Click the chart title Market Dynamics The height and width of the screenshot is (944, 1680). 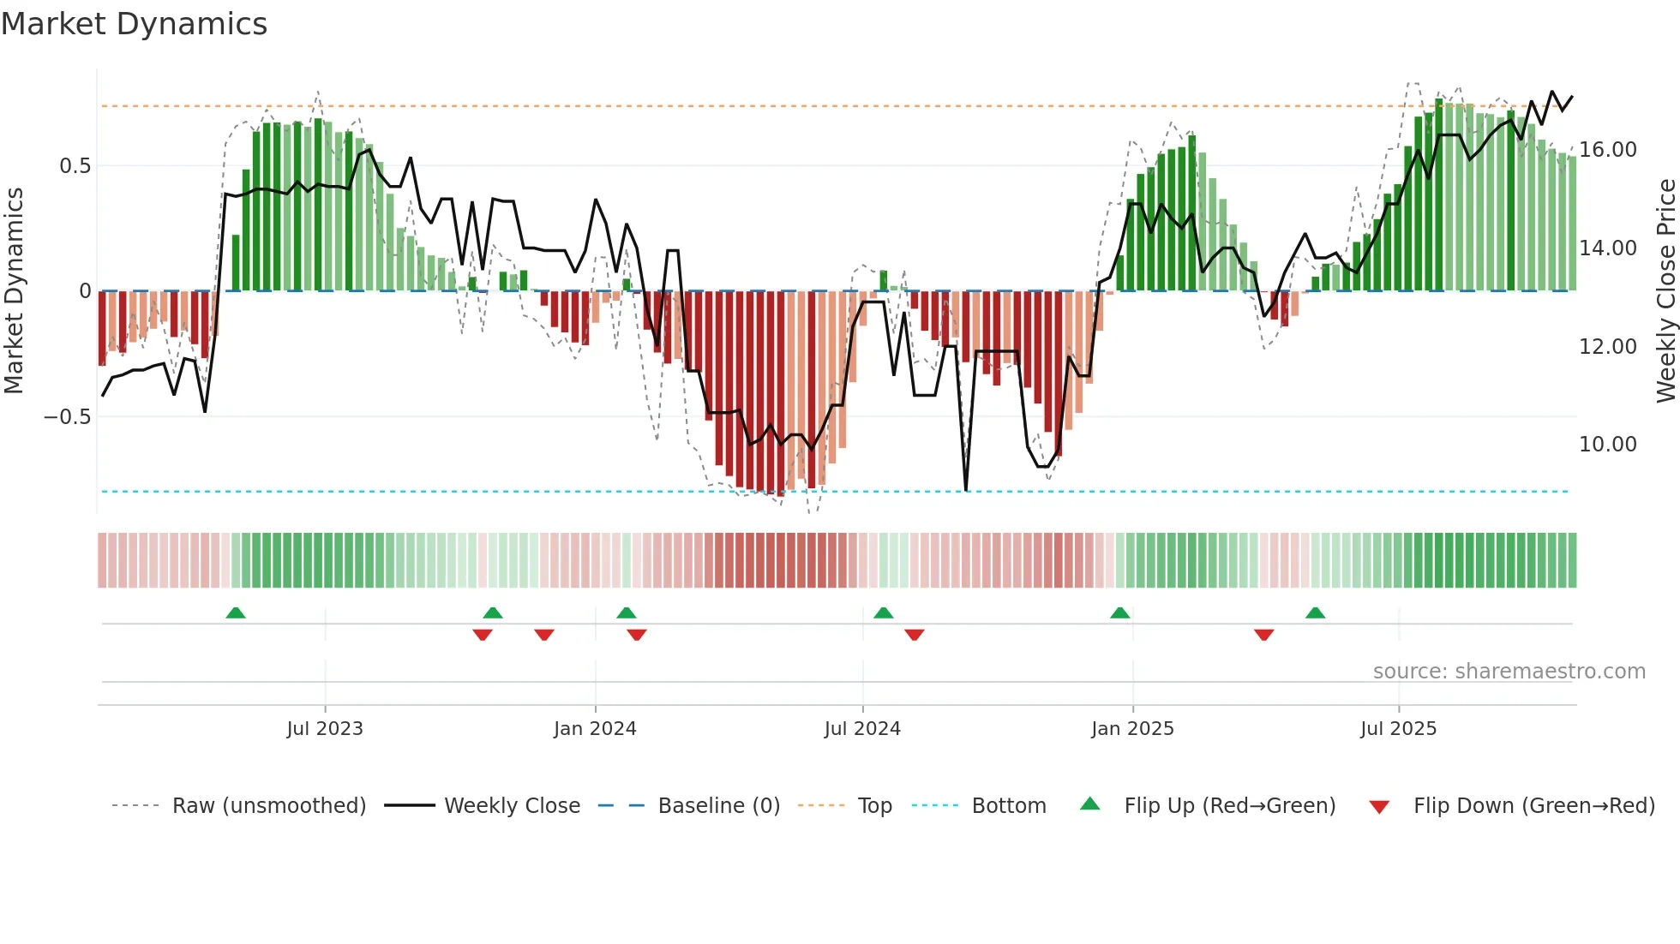coord(134,24)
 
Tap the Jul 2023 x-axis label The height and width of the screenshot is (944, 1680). coord(325,729)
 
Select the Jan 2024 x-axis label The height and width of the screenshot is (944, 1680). coord(595,729)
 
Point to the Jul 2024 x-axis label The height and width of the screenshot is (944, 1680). coord(862,729)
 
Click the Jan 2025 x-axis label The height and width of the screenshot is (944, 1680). coord(1132,729)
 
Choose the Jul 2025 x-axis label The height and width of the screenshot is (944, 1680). coord(1398,729)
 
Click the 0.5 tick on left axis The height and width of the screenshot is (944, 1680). coord(75,166)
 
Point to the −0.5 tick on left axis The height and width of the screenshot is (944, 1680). coord(67,417)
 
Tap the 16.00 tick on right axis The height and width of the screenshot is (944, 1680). coord(1608,150)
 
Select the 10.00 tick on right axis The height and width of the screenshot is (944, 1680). coord(1608,445)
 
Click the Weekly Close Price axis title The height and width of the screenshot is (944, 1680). coord(1665,291)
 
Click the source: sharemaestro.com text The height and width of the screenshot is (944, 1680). coord(1509,672)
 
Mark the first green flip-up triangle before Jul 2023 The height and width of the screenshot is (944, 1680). coord(236,612)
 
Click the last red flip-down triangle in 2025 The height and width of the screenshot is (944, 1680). coord(1263,635)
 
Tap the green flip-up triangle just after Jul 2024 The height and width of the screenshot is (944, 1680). coord(883,612)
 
